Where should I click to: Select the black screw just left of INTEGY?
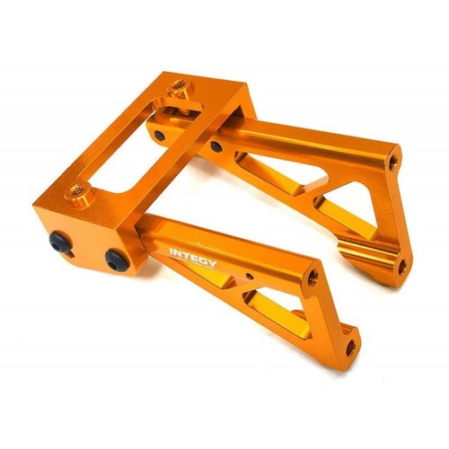pos(115,260)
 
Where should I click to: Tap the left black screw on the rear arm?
pos(159,135)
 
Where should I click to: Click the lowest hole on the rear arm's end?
pos(400,266)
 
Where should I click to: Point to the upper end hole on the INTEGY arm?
pos(313,278)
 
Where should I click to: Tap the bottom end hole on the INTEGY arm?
pos(350,344)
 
